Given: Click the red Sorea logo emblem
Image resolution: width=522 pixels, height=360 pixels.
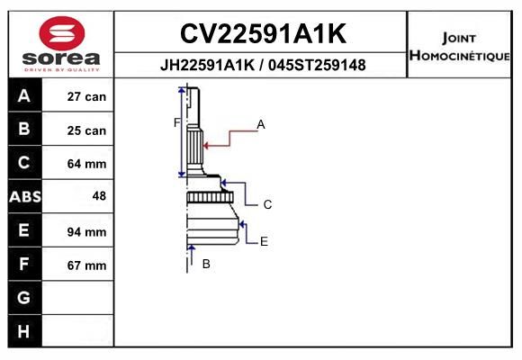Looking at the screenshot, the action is (x=62, y=33).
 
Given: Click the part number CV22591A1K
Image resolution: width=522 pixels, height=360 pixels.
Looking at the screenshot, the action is (x=263, y=33).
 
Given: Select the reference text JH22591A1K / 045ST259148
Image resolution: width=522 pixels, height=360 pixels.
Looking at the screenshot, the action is (x=263, y=65).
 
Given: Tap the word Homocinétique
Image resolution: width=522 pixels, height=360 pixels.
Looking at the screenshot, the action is (x=459, y=55).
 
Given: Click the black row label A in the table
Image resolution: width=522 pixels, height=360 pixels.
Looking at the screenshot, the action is (x=24, y=96).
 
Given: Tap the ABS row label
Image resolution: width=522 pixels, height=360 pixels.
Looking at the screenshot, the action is (x=25, y=196).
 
